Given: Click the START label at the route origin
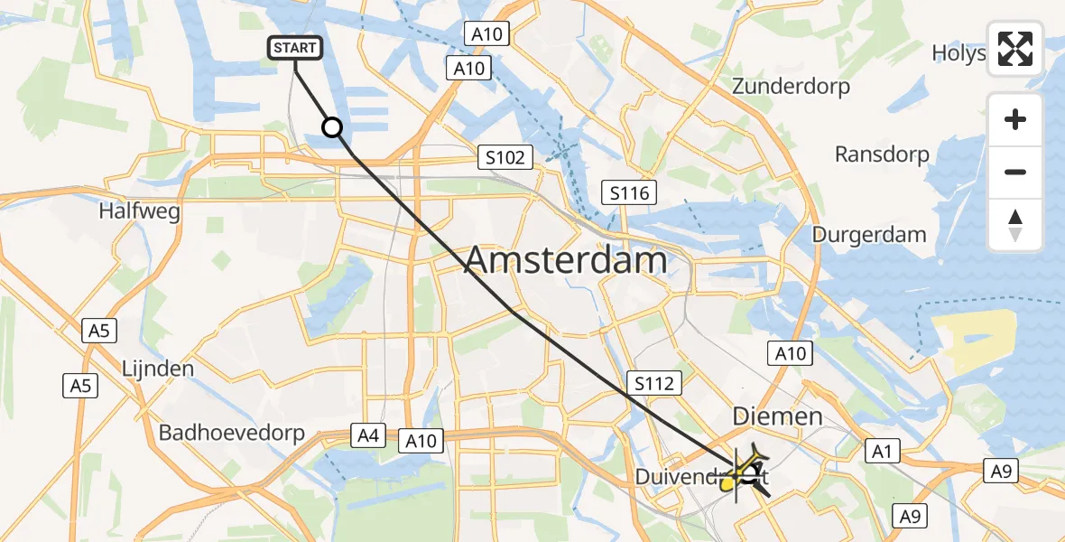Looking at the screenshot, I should [x=295, y=48].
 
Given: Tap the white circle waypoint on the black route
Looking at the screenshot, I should [x=333, y=128].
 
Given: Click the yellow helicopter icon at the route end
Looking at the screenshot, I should [x=746, y=472].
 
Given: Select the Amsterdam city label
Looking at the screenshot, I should [x=566, y=261].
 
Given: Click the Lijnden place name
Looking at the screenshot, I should [x=158, y=369].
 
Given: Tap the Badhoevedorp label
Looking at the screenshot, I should [x=232, y=433].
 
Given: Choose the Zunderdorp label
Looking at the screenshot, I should [x=792, y=87].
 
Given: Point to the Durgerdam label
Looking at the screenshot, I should [x=869, y=235].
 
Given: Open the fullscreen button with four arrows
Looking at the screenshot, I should [x=1015, y=50].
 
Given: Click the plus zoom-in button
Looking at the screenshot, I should [x=1015, y=119].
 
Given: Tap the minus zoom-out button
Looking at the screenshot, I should [x=1015, y=172].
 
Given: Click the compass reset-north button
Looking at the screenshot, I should [x=1015, y=224].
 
